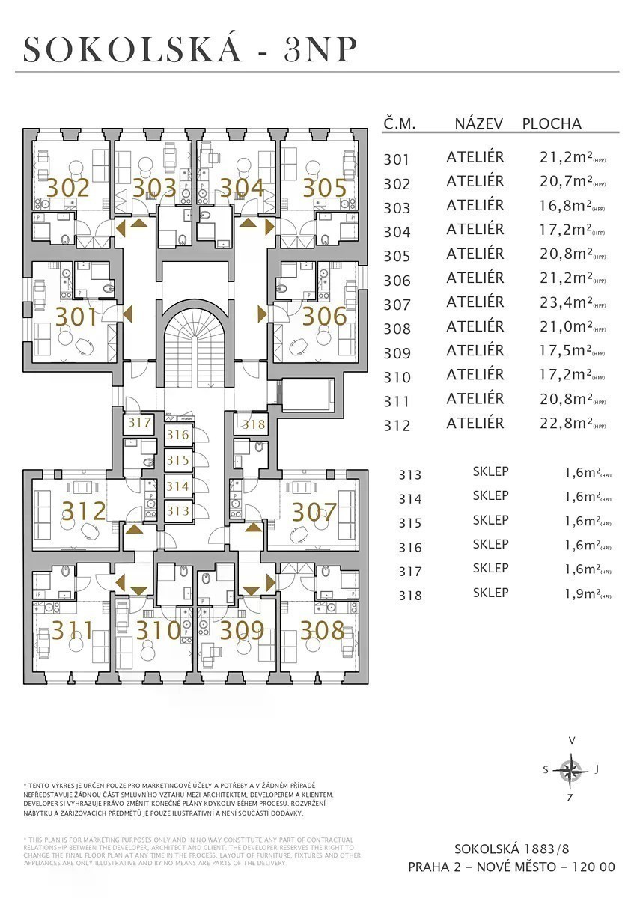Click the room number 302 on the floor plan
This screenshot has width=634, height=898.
coord(68,187)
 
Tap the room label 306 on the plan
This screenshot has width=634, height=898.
coord(324,316)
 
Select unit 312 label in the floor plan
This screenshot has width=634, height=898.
coord(84,511)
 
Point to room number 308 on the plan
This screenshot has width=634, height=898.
coord(323,630)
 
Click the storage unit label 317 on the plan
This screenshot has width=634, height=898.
coord(140,423)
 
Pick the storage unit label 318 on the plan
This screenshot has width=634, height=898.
coord(254,424)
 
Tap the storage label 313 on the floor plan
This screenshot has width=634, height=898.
coord(177,510)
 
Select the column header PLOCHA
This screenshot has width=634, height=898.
coord(552,124)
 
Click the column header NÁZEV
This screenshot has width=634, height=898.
coord(479,124)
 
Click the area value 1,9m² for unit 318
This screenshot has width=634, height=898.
coord(582,595)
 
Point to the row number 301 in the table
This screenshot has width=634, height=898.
coord(397,159)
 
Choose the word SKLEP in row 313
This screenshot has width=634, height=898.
coord(491,472)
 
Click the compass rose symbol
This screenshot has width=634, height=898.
coord(571,769)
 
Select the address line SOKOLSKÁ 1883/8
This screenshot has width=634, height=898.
coord(512,849)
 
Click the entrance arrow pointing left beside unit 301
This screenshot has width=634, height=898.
coord(127,314)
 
